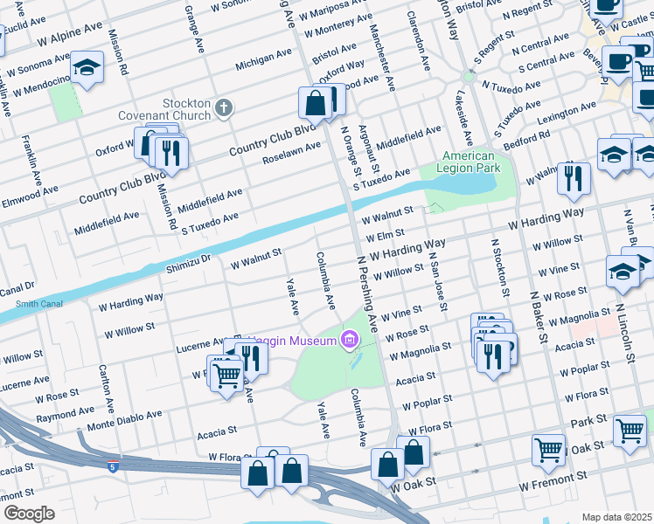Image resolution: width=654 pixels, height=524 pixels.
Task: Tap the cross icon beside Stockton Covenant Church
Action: [224, 108]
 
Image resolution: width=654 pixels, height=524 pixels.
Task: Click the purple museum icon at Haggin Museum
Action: [350, 338]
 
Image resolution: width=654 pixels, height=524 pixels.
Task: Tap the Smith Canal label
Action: [34, 304]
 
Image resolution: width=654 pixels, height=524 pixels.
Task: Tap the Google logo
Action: [29, 513]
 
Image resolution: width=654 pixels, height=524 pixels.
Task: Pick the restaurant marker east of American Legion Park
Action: [574, 177]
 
